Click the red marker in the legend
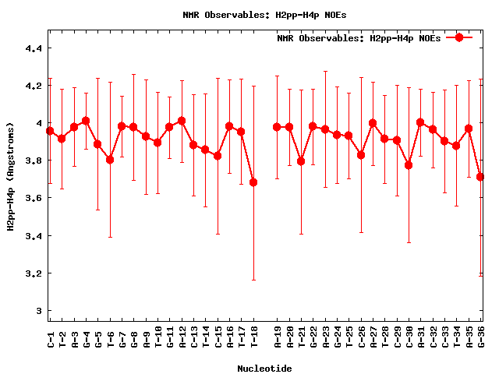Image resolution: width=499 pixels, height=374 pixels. [x=459, y=37]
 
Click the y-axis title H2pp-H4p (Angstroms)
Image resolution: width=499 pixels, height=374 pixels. [x=11, y=176]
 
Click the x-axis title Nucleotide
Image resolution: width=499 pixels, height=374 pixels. [x=265, y=369]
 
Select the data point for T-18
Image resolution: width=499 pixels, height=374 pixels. [x=253, y=182]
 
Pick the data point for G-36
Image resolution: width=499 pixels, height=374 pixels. [x=480, y=177]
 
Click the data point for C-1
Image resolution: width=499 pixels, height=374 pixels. [x=50, y=131]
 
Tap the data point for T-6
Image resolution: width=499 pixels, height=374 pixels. [x=110, y=160]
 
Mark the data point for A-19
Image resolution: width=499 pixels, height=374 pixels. [x=277, y=127]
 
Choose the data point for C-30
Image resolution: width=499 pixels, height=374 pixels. [x=409, y=165]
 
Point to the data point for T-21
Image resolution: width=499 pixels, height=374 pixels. [x=301, y=161]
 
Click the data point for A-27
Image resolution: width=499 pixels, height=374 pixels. [x=373, y=123]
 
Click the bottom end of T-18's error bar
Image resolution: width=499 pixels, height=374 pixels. [x=253, y=280]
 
